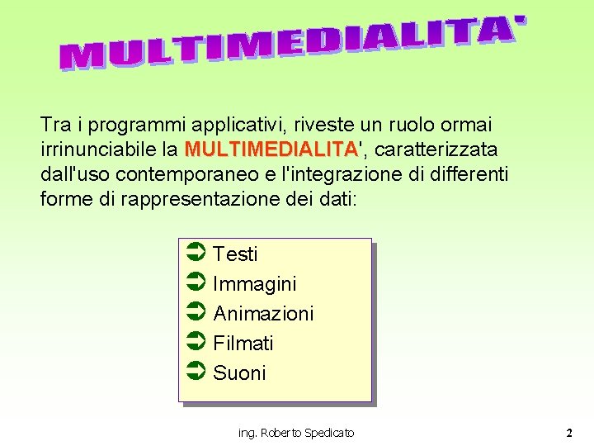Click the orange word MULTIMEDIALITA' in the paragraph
(272, 149)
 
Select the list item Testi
(235, 254)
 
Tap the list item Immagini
(254, 284)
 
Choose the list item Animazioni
(263, 314)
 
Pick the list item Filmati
(243, 344)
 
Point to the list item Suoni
(239, 373)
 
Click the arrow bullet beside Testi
(196, 254)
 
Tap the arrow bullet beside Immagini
(196, 283)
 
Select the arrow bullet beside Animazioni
(196, 313)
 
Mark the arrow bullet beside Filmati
(196, 343)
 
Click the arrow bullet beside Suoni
(196, 372)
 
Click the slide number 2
(569, 433)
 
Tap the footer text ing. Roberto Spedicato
(296, 433)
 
